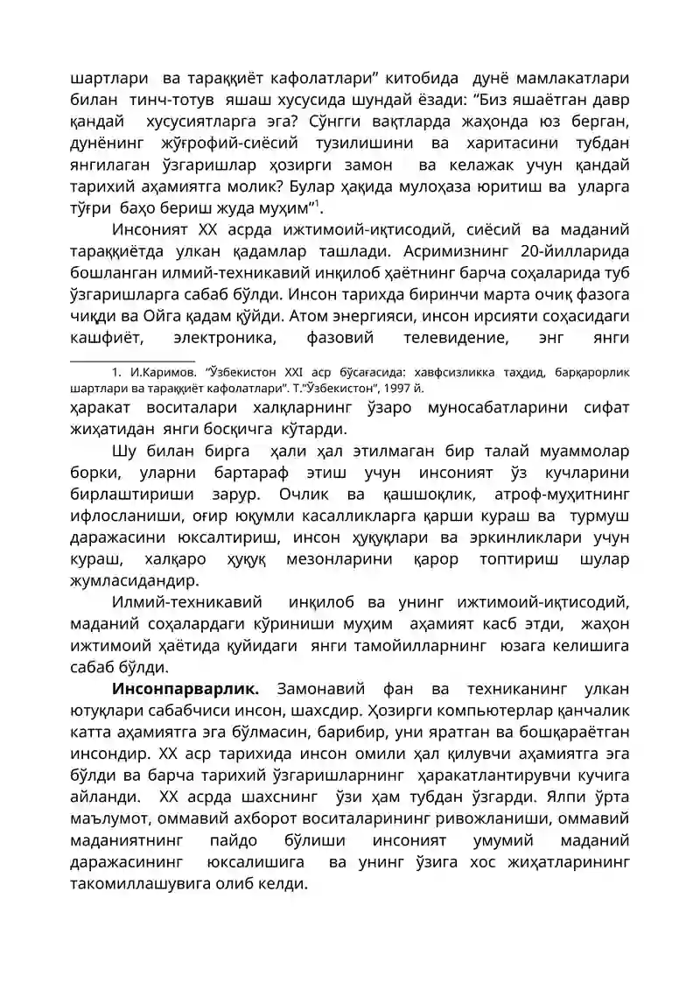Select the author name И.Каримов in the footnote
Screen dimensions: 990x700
[x=158, y=371]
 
